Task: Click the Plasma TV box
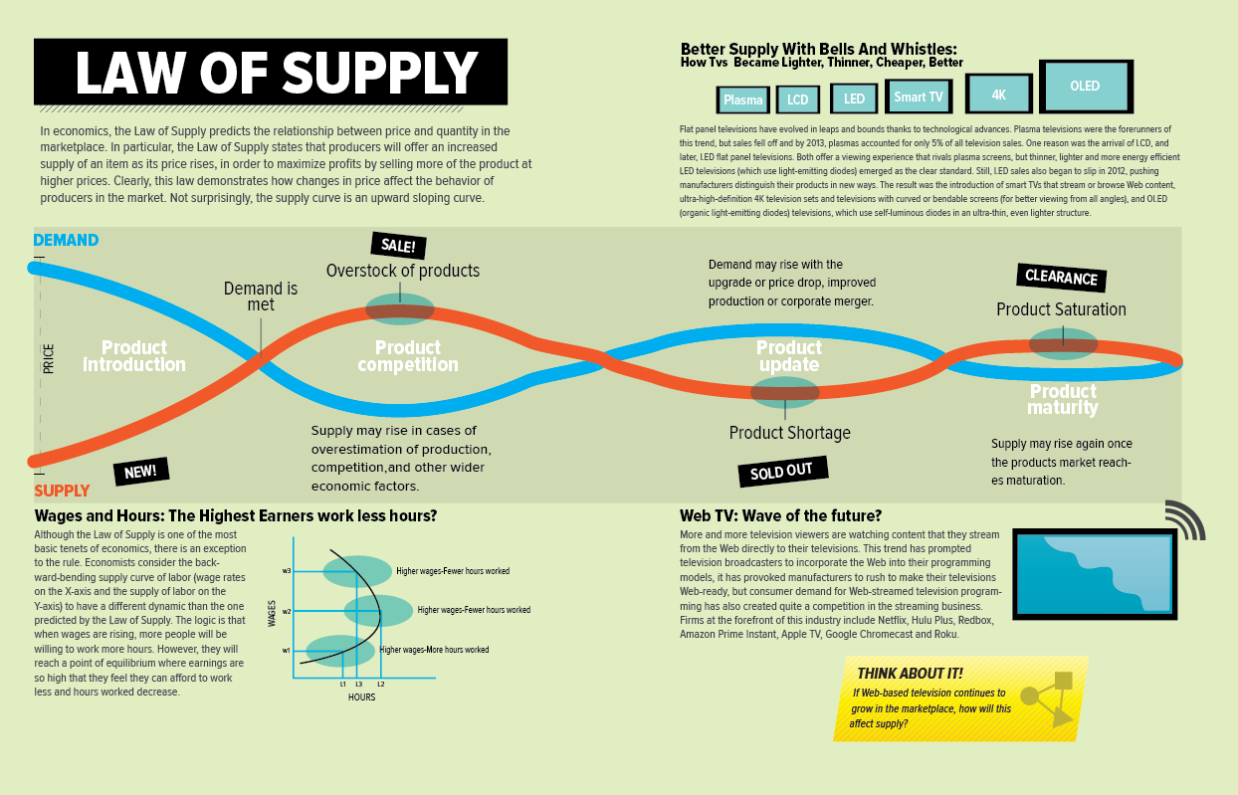coord(742,99)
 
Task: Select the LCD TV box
coord(798,99)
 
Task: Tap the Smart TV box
coord(918,97)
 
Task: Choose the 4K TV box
coord(999,95)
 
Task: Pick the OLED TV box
coord(1085,87)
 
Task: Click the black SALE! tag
coord(398,246)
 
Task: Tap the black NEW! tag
coord(140,471)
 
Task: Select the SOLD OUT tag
coord(781,472)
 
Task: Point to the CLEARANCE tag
coord(1061,278)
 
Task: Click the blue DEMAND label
coord(66,240)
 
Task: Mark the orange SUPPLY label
coord(62,491)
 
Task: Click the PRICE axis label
coord(49,358)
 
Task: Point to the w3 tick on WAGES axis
coord(287,571)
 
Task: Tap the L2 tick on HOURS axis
coord(380,685)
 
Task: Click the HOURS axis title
coord(361,697)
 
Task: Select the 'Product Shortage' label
coord(789,433)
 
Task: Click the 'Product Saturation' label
coord(1061,309)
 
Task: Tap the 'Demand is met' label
coord(260,297)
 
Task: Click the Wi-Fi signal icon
coord(1183,520)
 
